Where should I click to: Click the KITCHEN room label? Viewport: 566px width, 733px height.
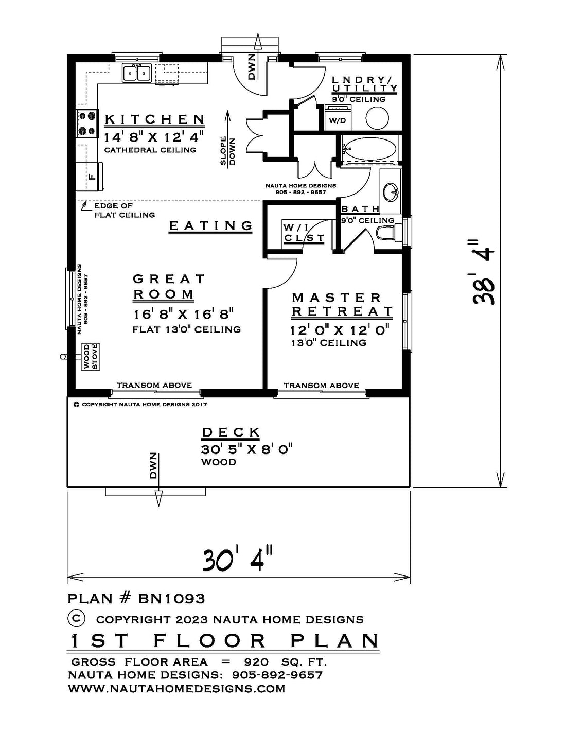click(x=155, y=119)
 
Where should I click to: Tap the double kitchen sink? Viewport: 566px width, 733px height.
click(x=136, y=73)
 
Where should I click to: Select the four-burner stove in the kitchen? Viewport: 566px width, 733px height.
click(x=87, y=123)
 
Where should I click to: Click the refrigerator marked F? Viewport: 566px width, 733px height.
click(x=90, y=176)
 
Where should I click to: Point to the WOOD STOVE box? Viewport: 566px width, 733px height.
click(x=91, y=357)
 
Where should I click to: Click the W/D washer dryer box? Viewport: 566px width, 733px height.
click(x=338, y=117)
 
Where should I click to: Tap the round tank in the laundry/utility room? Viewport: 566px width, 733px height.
click(x=377, y=118)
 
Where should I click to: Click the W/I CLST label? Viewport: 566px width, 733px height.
click(x=304, y=233)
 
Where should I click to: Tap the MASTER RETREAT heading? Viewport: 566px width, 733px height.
click(x=342, y=304)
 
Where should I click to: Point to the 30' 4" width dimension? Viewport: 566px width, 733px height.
click(x=237, y=560)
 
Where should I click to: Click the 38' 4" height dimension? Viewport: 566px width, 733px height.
click(x=483, y=272)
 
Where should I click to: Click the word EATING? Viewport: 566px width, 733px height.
click(x=210, y=225)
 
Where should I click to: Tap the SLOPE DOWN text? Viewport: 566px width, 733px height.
click(x=228, y=151)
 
